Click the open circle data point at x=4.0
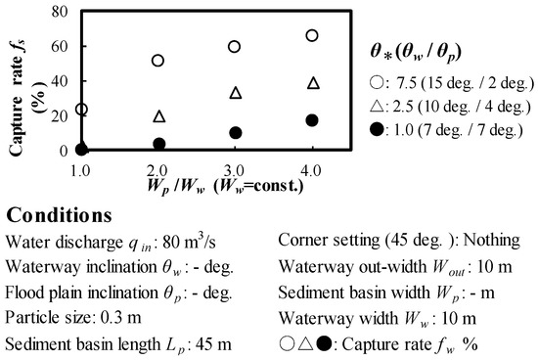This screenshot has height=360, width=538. click(312, 35)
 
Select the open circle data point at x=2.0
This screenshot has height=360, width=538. click(158, 61)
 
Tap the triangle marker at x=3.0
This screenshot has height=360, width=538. click(235, 93)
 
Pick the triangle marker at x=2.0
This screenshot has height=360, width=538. click(158, 116)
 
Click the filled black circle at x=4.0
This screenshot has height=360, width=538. click(312, 120)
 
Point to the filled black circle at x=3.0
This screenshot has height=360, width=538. click(235, 133)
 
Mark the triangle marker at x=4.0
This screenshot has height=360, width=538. click(312, 83)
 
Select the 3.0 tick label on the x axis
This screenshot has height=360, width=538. click(235, 168)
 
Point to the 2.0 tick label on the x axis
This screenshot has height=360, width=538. click(158, 168)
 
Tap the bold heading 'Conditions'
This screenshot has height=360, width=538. click(60, 214)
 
